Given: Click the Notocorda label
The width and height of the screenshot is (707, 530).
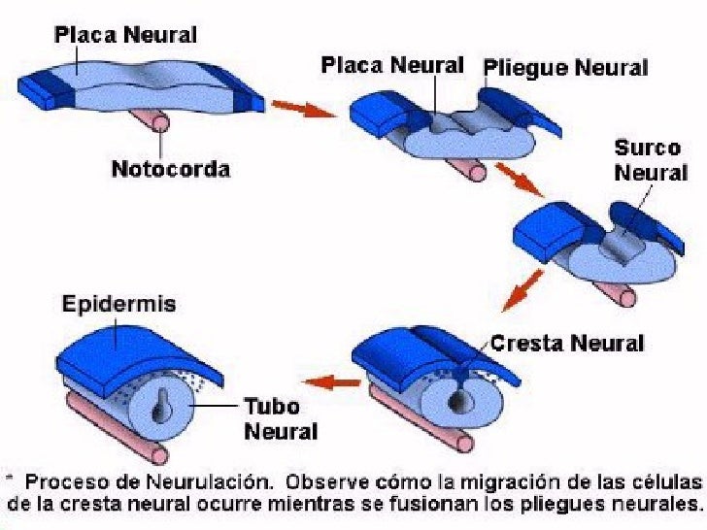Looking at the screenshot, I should [x=170, y=170].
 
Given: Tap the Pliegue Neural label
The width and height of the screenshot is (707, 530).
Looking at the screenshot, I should [x=564, y=68].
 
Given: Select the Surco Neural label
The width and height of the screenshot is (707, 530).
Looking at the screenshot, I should [x=648, y=161].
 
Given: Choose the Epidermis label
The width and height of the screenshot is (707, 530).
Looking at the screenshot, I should [x=119, y=304].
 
